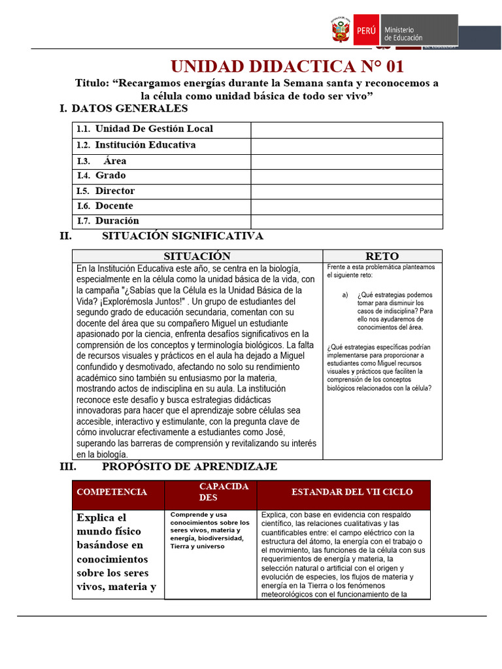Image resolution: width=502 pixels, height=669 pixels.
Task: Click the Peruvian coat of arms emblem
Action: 341,31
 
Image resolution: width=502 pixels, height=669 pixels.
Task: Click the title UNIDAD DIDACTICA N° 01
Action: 287,67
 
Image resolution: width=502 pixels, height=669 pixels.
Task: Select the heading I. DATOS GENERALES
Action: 124,108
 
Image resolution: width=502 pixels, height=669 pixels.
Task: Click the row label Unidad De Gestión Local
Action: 154,129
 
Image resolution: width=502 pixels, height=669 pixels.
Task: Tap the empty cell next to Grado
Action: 346,176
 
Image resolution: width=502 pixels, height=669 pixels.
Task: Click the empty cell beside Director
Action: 346,191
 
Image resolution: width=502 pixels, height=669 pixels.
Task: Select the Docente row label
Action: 114,206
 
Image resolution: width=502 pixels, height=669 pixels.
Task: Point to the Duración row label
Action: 117,221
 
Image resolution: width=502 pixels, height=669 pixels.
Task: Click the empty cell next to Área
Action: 346,161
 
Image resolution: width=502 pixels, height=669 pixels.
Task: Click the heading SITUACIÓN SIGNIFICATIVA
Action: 182,236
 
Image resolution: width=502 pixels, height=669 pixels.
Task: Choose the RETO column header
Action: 382,256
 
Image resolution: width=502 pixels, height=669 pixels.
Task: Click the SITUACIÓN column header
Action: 197,256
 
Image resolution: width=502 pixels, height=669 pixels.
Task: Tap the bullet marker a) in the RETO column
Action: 345,295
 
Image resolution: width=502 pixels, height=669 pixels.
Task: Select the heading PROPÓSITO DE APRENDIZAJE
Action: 190,466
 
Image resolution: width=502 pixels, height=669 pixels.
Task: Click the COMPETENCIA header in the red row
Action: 112,492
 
